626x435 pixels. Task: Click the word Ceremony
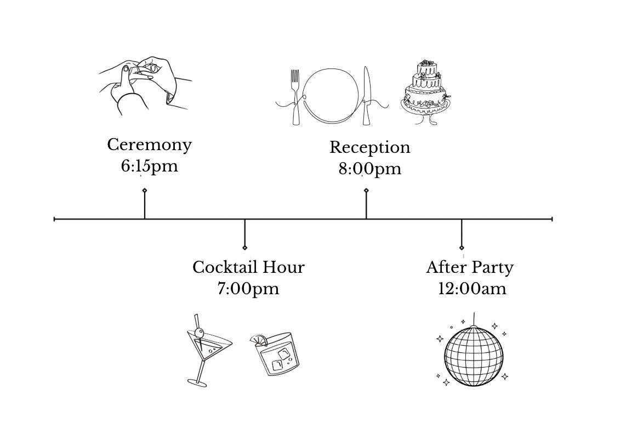click(x=149, y=145)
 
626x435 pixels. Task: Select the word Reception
click(x=369, y=148)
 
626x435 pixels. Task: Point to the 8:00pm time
click(x=369, y=169)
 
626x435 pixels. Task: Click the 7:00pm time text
click(x=248, y=289)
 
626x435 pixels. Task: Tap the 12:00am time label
click(x=472, y=289)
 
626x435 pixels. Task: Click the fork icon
click(x=295, y=97)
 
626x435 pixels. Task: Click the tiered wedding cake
click(x=427, y=92)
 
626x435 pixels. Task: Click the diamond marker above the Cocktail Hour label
click(x=244, y=248)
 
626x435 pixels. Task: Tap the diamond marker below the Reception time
click(x=366, y=191)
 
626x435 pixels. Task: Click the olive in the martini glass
click(x=200, y=332)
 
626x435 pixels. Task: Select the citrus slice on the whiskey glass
click(x=259, y=340)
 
